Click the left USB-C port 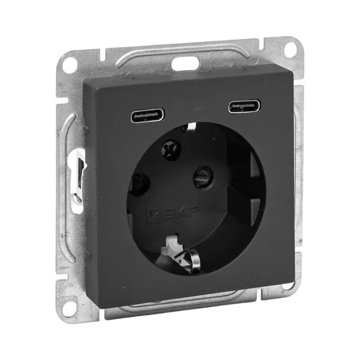tap(148, 115)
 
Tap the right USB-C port tap(245, 106)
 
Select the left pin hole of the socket tap(139, 184)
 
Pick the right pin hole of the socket tap(203, 177)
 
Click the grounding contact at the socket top tap(191, 127)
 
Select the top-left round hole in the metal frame tap(70, 65)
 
